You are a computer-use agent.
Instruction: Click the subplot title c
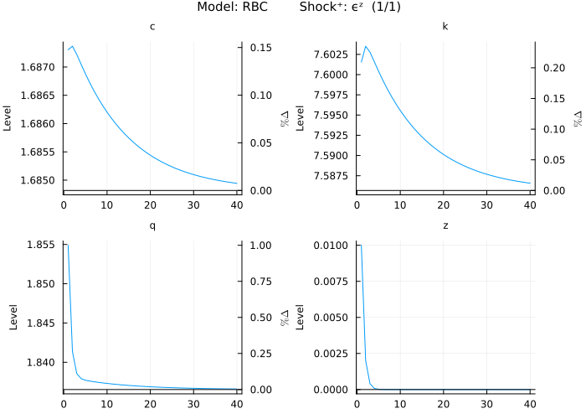[152, 27]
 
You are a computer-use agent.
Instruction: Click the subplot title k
[445, 27]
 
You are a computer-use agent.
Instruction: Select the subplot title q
[152, 225]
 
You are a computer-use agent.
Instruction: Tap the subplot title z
[445, 225]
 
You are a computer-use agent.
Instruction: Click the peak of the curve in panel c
[73, 46]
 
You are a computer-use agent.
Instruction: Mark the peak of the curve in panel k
[366, 46]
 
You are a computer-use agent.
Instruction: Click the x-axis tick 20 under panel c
[149, 204]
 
